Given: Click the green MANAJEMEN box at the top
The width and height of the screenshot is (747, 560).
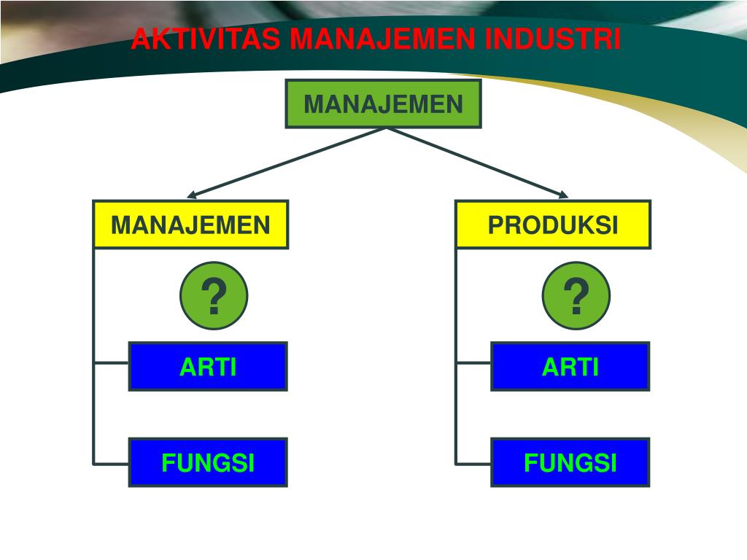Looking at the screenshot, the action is [383, 104].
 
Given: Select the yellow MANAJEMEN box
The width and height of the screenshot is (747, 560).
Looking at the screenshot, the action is [190, 225].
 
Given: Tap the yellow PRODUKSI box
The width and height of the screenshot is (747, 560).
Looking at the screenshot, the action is [553, 225].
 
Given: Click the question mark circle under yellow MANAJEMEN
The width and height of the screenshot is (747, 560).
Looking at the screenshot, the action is [214, 296].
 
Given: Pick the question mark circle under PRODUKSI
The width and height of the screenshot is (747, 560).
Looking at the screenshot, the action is [576, 296].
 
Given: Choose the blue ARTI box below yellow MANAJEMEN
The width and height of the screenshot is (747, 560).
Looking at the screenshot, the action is [208, 366].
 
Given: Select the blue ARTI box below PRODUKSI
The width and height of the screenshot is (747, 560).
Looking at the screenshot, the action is [570, 366].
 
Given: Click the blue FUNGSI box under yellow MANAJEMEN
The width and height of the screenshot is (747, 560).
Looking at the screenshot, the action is [208, 462].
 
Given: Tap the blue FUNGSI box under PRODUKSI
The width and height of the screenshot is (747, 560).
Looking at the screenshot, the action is [570, 462].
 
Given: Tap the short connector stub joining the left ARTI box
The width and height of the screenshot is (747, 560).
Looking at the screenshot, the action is [112, 362].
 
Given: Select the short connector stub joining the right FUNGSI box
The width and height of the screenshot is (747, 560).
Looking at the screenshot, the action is [473, 463].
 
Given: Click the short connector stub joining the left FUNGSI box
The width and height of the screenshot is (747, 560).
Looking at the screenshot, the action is [112, 463].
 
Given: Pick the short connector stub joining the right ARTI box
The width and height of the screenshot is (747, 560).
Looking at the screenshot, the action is [473, 362].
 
